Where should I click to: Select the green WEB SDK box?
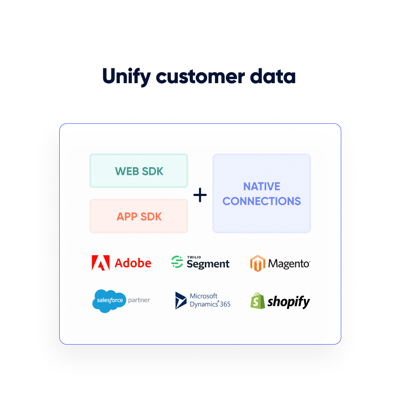[139, 171]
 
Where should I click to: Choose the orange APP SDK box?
[139, 216]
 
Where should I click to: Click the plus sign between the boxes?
[200, 195]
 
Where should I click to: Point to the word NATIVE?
[261, 187]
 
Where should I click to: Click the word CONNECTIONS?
[261, 201]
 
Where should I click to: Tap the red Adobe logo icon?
[100, 263]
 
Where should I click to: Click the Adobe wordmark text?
[133, 263]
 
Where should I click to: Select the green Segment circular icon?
[177, 262]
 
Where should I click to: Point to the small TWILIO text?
[194, 257]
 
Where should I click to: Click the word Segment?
[208, 264]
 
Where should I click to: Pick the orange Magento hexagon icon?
[257, 263]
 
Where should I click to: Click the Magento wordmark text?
[289, 264]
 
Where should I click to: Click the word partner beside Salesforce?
[139, 300]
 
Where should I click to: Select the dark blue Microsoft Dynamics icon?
[181, 301]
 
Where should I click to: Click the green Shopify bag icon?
[258, 301]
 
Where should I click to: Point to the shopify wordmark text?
[288, 302]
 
